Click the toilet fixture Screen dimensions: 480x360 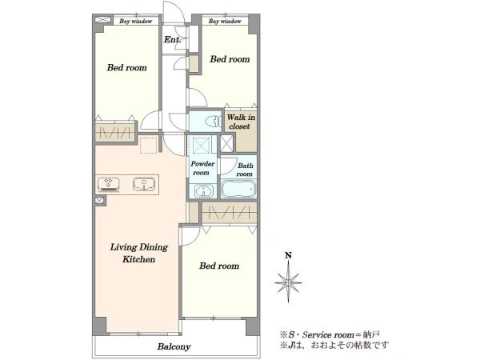[x=214, y=122]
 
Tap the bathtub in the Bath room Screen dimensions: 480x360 [x=238, y=189]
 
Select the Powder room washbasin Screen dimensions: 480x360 [x=202, y=190]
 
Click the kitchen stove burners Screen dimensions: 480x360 [x=108, y=184]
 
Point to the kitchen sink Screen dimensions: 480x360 [x=144, y=184]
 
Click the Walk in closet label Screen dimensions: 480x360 [x=241, y=122]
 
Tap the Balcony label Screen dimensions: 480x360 [x=174, y=346]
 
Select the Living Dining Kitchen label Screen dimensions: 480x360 [x=139, y=253]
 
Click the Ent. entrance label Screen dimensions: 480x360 [x=172, y=39]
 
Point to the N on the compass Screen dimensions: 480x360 [x=288, y=255]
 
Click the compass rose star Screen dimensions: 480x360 [x=288, y=282]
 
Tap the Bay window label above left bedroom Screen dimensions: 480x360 [x=136, y=21]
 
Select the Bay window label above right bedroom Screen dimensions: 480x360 [x=225, y=21]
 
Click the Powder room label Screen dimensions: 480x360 [x=202, y=168]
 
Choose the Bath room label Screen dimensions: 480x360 [x=245, y=170]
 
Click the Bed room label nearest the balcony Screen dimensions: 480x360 [x=219, y=266]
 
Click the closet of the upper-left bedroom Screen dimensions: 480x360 [x=114, y=133]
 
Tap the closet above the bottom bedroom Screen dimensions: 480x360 [x=229, y=213]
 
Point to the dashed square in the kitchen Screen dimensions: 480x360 [x=149, y=145]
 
